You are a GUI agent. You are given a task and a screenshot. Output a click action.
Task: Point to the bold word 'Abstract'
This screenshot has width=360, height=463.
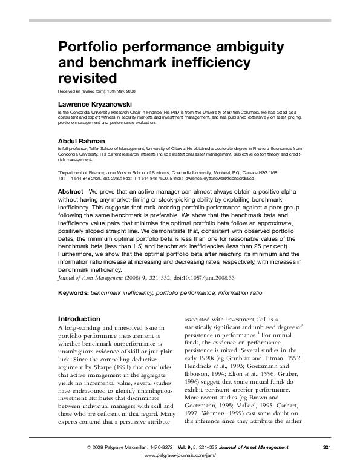(70, 190)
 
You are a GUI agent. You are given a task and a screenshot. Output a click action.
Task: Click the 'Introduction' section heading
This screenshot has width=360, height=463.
(79, 318)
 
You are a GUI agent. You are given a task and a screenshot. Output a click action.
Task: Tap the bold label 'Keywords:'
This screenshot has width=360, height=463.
(73, 292)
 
